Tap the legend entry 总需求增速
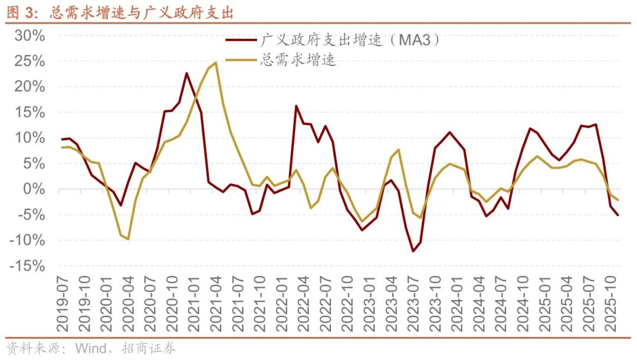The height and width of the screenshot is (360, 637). coord(298,61)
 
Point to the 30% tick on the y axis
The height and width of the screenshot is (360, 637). coord(29,36)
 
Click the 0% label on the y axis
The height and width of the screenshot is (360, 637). coord(34,189)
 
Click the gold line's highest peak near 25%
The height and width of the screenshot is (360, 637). coord(216,63)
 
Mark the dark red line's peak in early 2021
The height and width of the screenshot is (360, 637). coord(186,73)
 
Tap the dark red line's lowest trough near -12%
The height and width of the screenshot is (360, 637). coord(413,251)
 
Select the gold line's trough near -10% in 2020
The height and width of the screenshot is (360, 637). coord(128,239)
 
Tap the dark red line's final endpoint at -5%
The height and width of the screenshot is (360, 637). coord(618,215)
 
